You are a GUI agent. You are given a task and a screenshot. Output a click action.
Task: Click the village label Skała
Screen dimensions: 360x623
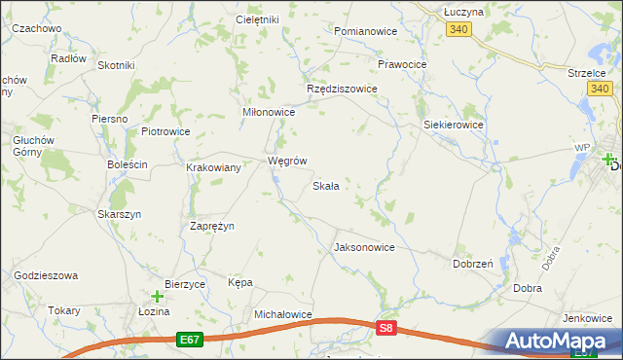[325, 186]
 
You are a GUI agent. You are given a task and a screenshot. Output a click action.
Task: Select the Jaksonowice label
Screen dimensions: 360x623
[364, 247]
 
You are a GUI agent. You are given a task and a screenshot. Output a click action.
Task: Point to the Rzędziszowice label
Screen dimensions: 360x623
[342, 89]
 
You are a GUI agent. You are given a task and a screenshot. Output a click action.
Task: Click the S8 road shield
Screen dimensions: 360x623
[387, 330]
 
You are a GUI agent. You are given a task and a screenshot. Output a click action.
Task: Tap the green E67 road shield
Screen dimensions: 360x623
[190, 340]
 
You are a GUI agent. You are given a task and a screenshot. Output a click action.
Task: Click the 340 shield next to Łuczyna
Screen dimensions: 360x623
[458, 30]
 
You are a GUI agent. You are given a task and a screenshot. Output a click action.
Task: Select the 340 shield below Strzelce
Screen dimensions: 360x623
[600, 89]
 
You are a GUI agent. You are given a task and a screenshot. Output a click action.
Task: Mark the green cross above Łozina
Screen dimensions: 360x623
[157, 296]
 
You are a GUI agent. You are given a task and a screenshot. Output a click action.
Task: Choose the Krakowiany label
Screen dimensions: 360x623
[214, 167]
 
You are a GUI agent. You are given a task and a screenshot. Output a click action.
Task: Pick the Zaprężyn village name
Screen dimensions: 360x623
[211, 225]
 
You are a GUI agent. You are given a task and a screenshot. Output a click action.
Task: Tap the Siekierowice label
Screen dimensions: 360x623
[454, 126]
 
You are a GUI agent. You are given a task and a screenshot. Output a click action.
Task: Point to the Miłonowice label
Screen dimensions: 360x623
[268, 112]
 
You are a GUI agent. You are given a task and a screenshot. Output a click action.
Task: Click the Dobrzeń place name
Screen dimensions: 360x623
[473, 264]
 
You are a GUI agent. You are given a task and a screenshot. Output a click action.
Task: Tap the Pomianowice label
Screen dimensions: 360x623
[365, 31]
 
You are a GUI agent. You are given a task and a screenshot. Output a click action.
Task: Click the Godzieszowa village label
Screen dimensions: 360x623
[46, 275]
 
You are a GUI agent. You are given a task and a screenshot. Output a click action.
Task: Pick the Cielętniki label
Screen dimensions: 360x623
[258, 19]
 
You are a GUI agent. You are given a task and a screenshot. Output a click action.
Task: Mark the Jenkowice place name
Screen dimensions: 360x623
[585, 318]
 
